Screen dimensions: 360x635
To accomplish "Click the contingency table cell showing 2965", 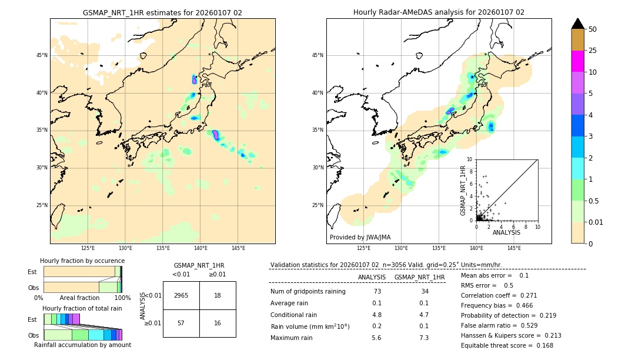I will [181, 295].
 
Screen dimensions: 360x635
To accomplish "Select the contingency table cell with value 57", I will [181, 323].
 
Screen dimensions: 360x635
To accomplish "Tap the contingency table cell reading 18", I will [218, 295].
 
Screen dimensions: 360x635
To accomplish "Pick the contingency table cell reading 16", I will [218, 323].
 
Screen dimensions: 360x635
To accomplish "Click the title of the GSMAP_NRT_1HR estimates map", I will [162, 12].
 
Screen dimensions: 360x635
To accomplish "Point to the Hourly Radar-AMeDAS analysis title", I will [439, 12].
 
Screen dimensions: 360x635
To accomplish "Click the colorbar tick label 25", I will [593, 51].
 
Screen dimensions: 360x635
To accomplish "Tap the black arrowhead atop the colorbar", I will [578, 24].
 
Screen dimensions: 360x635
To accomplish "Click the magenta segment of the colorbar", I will [578, 61].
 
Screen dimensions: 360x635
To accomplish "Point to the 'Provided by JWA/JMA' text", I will [360, 238].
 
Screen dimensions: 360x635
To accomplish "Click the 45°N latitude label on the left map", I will [42, 55].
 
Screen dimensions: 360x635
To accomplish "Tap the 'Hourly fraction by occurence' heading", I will [82, 261].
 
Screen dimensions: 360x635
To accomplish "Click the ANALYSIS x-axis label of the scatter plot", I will [506, 233].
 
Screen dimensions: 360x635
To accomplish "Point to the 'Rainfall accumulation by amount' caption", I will [82, 345].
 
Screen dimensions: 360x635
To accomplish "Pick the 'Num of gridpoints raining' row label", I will [308, 292].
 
